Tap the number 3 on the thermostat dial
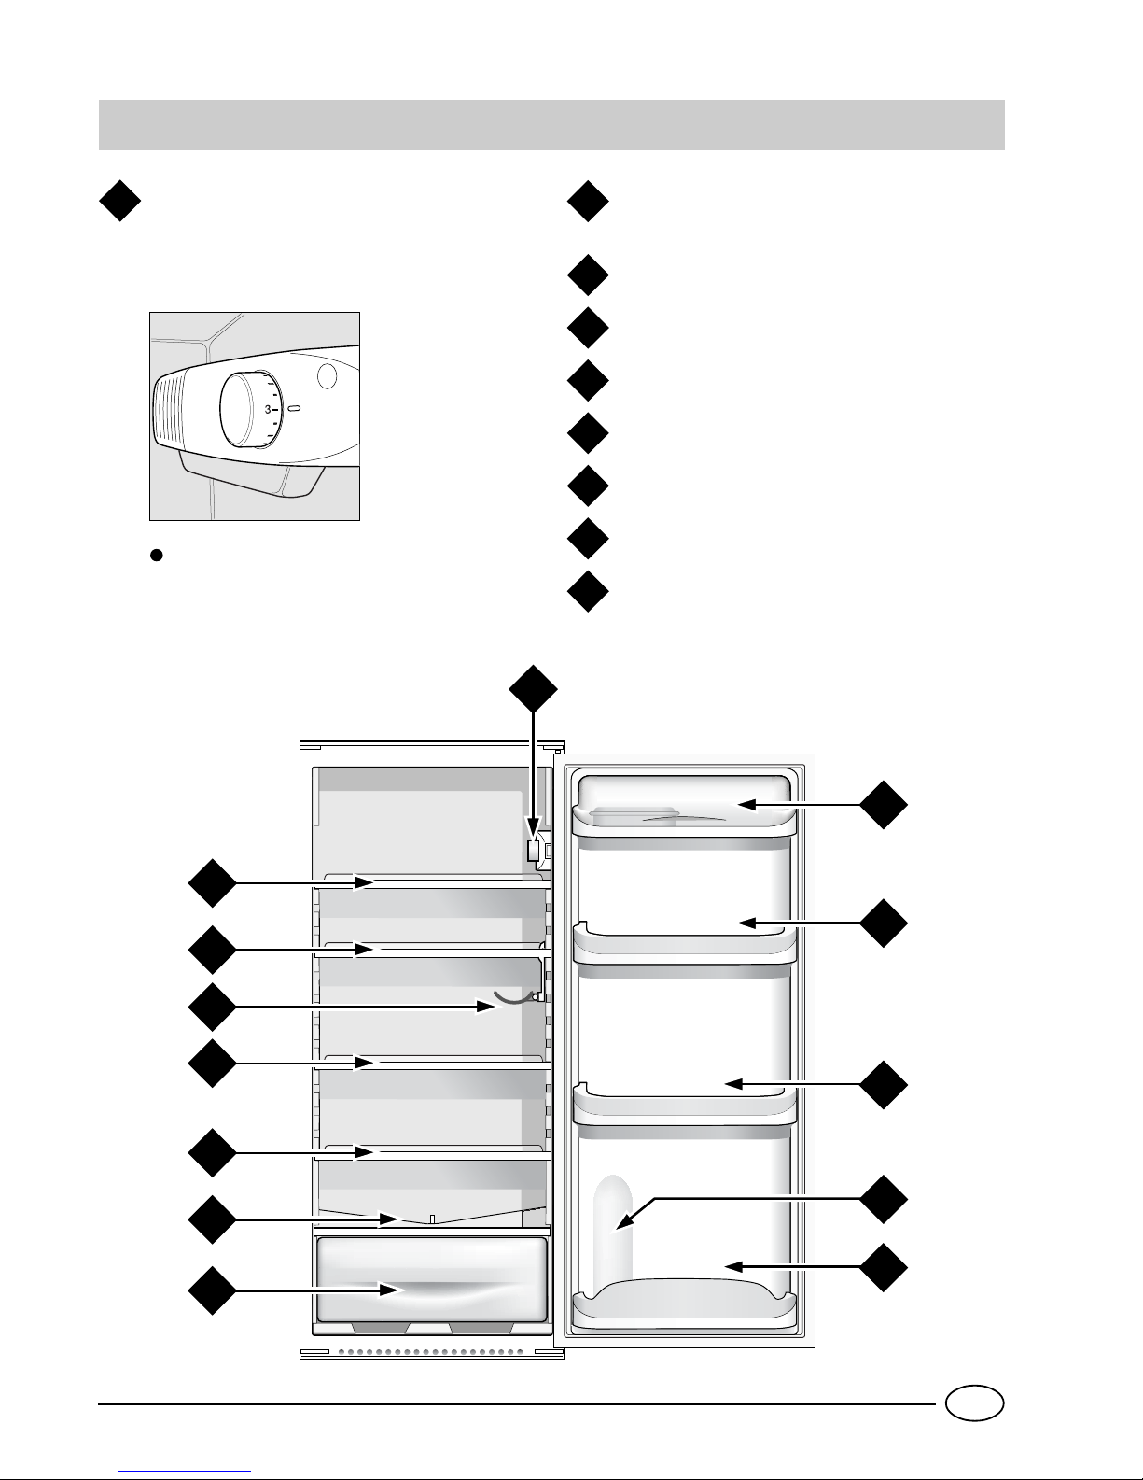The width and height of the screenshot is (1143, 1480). (x=268, y=409)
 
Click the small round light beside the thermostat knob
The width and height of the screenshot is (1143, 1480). (x=328, y=375)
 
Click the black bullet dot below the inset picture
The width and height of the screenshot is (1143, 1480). (x=156, y=555)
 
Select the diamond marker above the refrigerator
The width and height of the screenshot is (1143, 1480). (x=534, y=688)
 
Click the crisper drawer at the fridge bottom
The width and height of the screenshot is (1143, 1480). (x=431, y=1279)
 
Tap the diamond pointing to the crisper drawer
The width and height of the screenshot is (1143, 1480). (x=213, y=1290)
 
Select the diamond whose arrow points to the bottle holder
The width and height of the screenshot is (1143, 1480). (x=884, y=1199)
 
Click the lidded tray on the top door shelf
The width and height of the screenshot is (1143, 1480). (x=634, y=815)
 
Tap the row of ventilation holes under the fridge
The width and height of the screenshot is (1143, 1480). (x=430, y=1351)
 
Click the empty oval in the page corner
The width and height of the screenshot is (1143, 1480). (x=975, y=1403)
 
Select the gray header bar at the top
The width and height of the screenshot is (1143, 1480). (x=551, y=125)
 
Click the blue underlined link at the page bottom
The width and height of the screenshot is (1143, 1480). (x=185, y=1471)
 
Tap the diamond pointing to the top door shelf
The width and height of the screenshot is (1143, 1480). (x=884, y=804)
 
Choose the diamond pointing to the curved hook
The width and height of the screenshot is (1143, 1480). (x=213, y=1007)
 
